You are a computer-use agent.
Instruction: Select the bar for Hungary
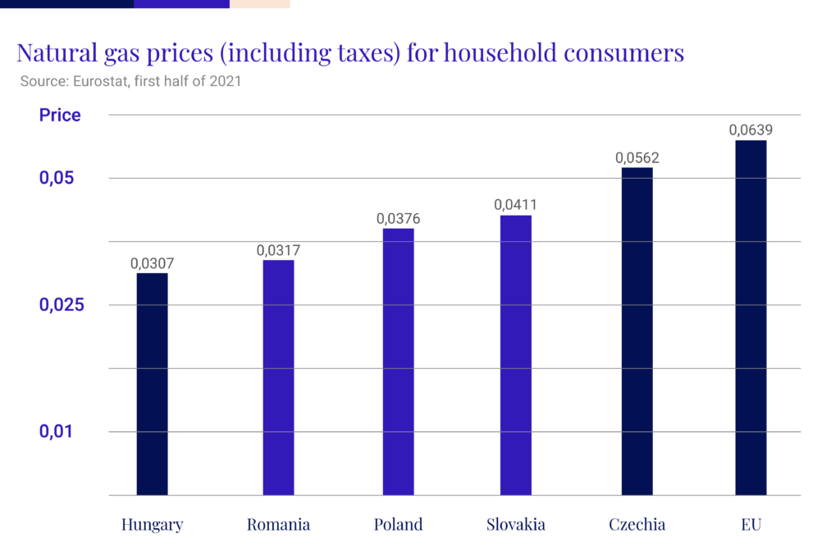pos(153,384)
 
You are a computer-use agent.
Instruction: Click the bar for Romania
pos(278,377)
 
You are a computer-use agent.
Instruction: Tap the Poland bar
pos(399,362)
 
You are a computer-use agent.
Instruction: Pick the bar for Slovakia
pos(516,355)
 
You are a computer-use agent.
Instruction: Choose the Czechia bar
pos(637,331)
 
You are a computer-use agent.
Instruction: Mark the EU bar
pos(751,318)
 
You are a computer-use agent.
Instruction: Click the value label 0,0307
pos(153,263)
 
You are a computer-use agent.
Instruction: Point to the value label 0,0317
pos(278,250)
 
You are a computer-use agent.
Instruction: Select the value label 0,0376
pos(399,219)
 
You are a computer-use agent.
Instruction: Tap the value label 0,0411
pos(516,206)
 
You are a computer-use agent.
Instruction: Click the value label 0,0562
pos(637,158)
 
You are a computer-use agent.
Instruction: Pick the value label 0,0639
pos(751,130)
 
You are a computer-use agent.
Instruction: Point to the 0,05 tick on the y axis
pos(57,179)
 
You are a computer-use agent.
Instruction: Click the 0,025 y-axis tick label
pos(62,305)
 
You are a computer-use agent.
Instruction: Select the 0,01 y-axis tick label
pos(57,431)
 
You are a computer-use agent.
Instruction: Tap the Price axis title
pos(60,115)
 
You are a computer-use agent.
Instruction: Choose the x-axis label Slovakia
pos(515,525)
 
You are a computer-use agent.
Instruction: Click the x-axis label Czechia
pos(637,525)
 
